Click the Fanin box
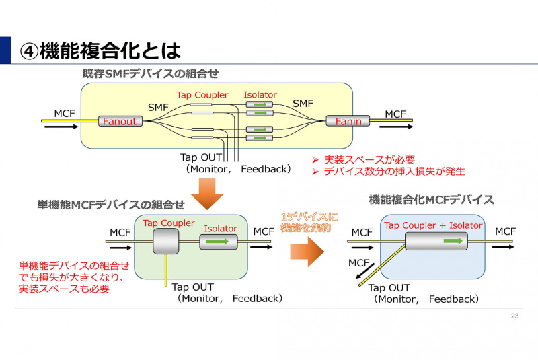point(348,121)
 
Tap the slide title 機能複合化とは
point(101,50)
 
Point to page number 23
point(515,316)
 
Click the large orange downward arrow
point(207,197)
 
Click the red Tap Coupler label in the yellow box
point(202,95)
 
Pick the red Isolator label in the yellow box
point(260,95)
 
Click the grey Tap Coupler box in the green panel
point(165,241)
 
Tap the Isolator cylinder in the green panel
point(219,242)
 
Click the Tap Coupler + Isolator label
point(433,225)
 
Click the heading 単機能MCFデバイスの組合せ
point(111,205)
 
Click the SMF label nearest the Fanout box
point(159,106)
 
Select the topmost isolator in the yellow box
point(260,104)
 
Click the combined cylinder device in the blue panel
point(436,240)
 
